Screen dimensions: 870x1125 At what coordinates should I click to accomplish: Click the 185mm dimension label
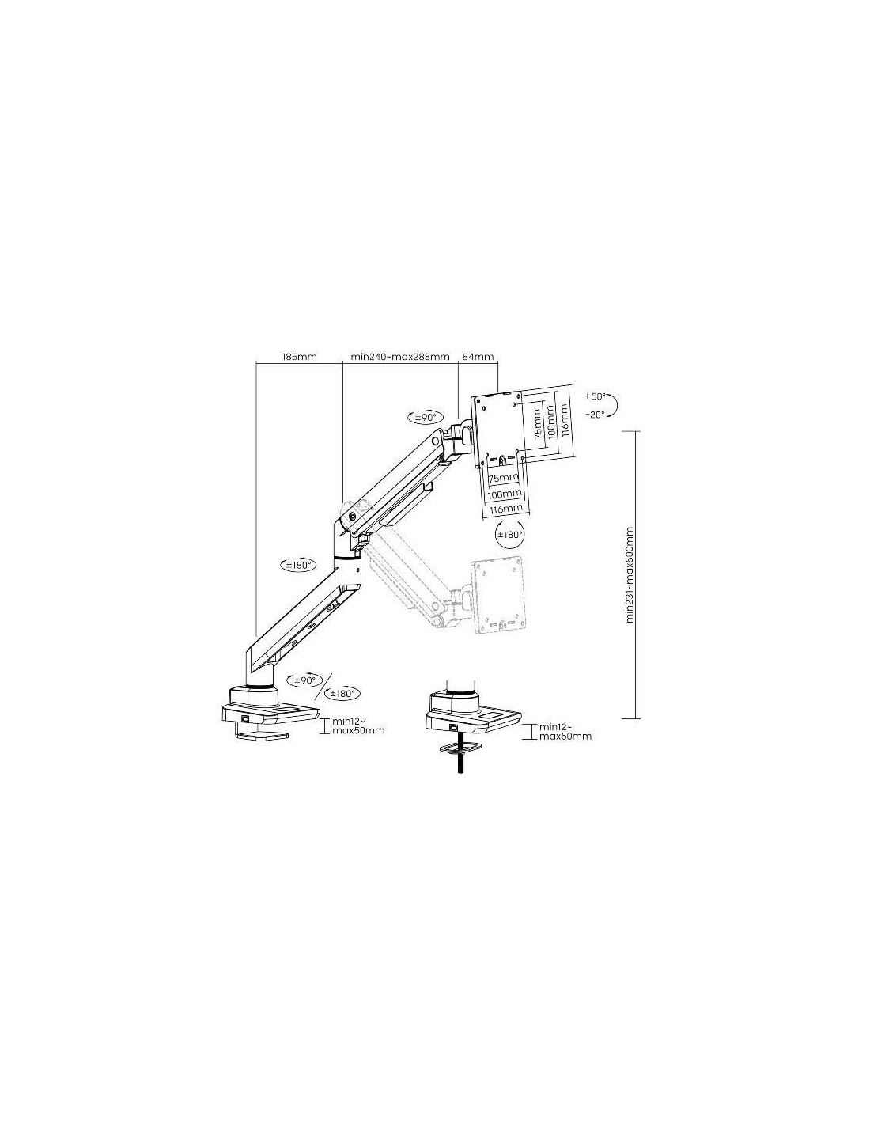tap(299, 357)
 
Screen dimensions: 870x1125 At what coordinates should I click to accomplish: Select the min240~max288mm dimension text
tap(400, 357)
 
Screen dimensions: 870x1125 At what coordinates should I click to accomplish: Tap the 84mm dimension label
tap(478, 357)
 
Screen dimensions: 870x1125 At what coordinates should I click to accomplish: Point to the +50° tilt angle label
tap(595, 396)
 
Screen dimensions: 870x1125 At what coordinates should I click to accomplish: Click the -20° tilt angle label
tap(595, 415)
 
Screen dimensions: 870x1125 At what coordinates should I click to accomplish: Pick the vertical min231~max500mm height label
tap(630, 574)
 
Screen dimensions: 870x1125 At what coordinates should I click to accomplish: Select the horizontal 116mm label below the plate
tap(505, 509)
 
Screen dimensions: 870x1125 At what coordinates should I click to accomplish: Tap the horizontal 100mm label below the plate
tap(505, 494)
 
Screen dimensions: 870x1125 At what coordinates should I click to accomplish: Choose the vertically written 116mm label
tap(565, 420)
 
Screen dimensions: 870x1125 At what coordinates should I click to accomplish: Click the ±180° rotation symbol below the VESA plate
tap(510, 534)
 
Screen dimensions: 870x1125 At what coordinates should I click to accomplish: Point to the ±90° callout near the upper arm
tap(422, 417)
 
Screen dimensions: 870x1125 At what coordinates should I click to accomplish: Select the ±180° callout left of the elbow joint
tap(297, 565)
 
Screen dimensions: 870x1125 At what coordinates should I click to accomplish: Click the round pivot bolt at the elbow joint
tap(353, 516)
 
